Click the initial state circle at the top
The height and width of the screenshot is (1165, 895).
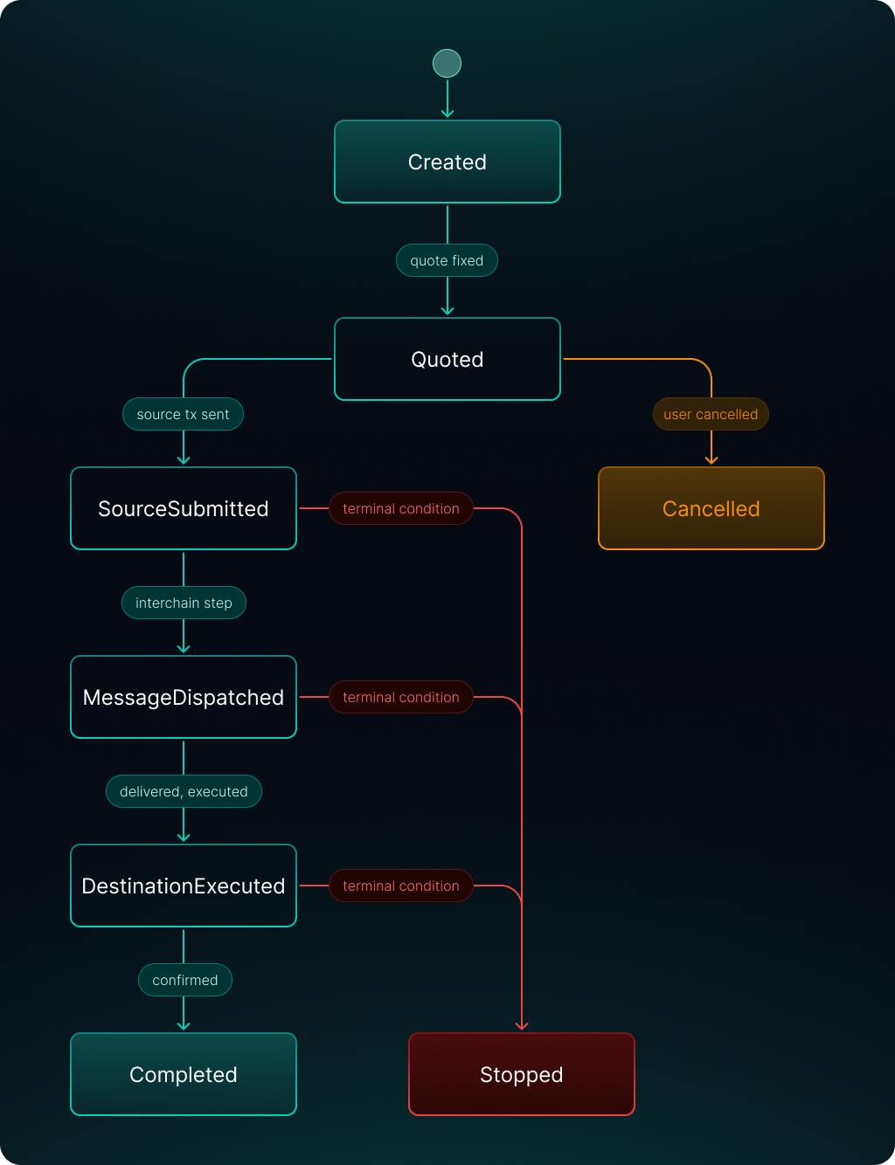point(447,63)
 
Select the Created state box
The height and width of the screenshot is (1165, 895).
point(447,162)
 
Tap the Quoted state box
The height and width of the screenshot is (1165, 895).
point(447,359)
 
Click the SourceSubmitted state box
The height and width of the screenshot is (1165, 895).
point(184,508)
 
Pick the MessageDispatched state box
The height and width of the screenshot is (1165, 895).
point(184,697)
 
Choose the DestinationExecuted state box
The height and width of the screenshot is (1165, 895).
point(184,886)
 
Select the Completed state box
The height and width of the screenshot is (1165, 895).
point(184,1074)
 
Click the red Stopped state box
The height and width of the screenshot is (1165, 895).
point(522,1074)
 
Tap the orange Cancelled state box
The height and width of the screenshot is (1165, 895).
point(711,508)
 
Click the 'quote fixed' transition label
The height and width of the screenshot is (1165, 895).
point(447,260)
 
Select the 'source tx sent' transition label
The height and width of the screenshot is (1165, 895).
point(183,414)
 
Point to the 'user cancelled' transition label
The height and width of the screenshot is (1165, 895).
point(711,414)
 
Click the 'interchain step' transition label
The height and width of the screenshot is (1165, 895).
point(184,603)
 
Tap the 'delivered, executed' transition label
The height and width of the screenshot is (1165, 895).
point(184,791)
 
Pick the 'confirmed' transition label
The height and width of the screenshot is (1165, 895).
point(185,980)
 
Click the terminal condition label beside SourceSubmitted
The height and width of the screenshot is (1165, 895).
point(401,508)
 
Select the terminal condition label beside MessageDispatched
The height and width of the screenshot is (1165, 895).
point(401,697)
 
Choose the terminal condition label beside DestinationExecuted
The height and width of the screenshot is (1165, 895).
point(401,886)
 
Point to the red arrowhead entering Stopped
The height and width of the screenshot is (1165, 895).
point(522,1025)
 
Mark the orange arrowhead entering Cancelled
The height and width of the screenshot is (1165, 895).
point(711,459)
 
